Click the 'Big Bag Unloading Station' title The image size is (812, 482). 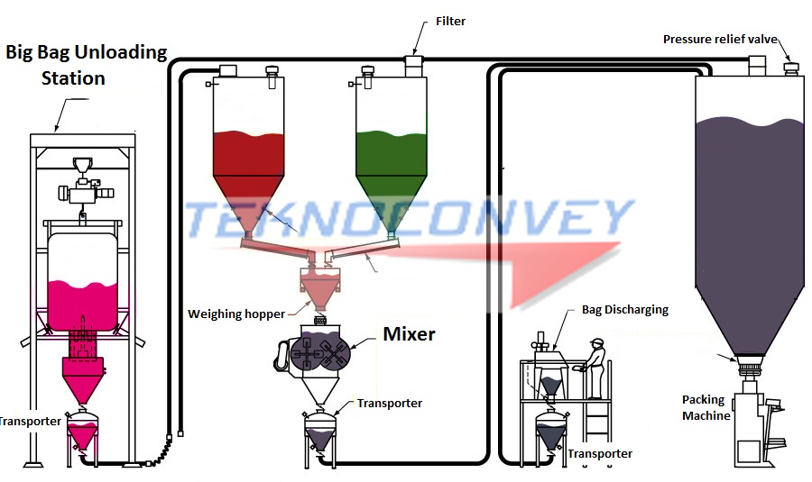pos(86,65)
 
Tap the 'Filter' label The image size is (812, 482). pos(450,21)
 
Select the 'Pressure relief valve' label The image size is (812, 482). pos(719,39)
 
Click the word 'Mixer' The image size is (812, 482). pos(409,334)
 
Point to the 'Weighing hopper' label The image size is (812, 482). pos(235,314)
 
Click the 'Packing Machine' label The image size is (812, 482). pos(706,408)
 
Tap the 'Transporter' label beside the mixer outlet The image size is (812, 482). pos(389,404)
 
